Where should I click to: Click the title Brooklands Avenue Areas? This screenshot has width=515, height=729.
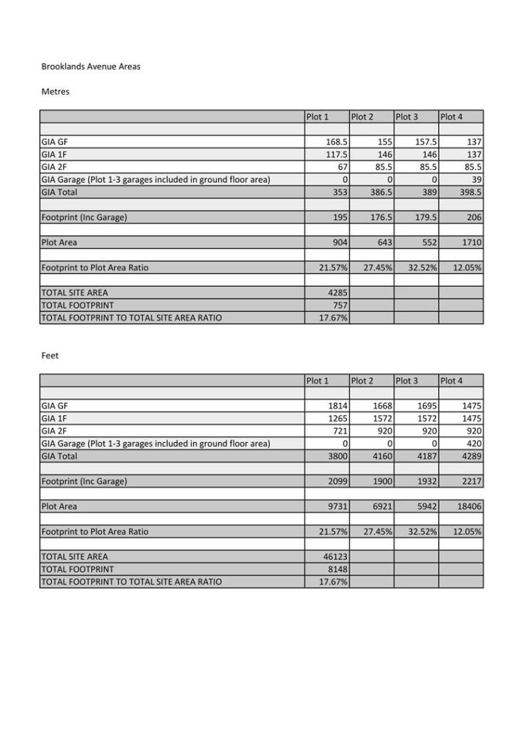[x=90, y=67]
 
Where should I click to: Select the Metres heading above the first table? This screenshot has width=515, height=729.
[x=56, y=92]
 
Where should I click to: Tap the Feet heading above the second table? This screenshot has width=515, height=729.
[x=50, y=356]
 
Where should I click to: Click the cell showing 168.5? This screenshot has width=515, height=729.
[x=336, y=142]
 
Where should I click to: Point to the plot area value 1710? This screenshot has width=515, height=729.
[x=471, y=243]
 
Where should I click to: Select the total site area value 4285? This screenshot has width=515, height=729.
[x=337, y=293]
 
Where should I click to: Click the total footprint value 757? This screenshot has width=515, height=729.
[x=339, y=305]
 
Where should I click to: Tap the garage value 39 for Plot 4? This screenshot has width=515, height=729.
[x=477, y=179]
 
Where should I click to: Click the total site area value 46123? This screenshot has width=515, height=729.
[x=335, y=557]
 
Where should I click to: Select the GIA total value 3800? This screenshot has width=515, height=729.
[x=337, y=456]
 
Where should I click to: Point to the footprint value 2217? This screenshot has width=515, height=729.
[x=471, y=481]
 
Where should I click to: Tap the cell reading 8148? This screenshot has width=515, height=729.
[x=337, y=570]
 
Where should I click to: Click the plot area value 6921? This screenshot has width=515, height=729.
[x=381, y=507]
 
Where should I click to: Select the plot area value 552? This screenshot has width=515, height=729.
[x=428, y=243]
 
